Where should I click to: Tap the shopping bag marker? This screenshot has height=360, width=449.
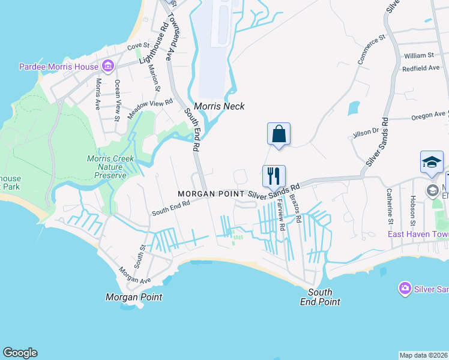pos(279,134)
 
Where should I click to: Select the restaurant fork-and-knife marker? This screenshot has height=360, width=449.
pos(274,176)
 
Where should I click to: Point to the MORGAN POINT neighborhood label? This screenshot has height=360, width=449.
pos(211,194)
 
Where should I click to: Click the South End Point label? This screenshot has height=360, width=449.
pos(320,297)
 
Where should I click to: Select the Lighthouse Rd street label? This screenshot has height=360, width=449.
pos(153,43)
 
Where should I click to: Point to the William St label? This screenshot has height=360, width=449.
pos(418,55)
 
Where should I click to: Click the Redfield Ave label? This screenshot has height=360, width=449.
pos(421,68)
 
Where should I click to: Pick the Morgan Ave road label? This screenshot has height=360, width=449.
pos(134,275)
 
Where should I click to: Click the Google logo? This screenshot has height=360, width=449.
pos(20,353)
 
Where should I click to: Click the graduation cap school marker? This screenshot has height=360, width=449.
pos(432,163)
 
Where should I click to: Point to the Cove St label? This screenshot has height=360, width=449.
pos(137,46)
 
